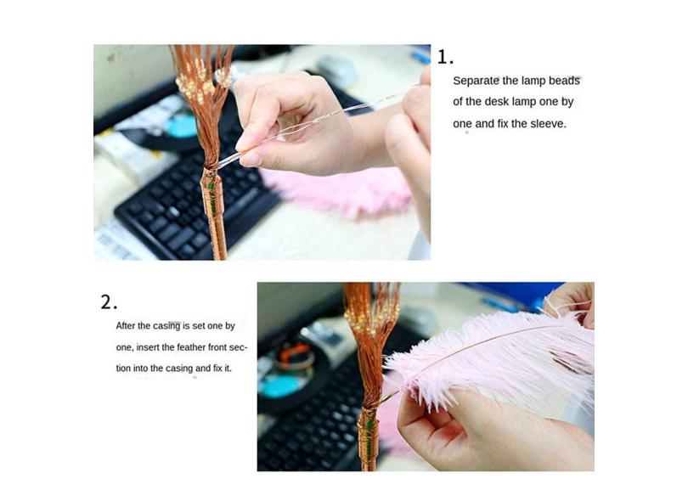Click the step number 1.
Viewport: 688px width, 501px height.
click(x=444, y=58)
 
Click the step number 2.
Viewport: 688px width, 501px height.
click(x=109, y=302)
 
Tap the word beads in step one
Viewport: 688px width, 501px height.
click(x=564, y=81)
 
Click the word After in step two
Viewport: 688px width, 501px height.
click(x=126, y=326)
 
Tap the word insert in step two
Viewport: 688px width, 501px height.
click(x=148, y=347)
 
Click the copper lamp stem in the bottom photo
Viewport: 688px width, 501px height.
click(x=369, y=439)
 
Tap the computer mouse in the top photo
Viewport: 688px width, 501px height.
click(x=337, y=70)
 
